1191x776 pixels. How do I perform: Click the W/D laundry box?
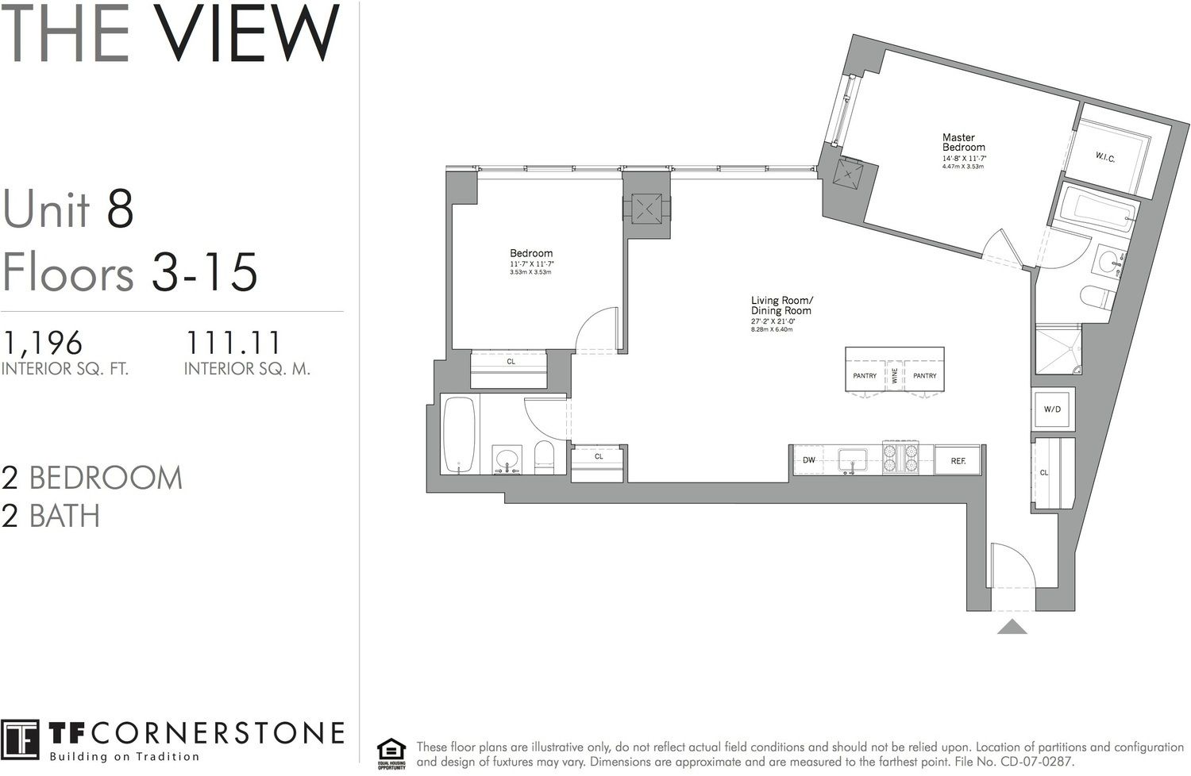(1052, 409)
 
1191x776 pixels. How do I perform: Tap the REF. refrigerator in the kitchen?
(958, 460)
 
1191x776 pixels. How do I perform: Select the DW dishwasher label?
(809, 460)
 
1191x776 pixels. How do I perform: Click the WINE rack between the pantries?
(895, 375)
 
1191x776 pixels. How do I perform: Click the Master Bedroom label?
(963, 142)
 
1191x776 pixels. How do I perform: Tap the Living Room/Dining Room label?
(781, 305)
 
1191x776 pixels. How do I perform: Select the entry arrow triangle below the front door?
(1012, 627)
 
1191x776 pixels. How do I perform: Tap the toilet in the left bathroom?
(544, 458)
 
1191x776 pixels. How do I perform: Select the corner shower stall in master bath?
(1058, 349)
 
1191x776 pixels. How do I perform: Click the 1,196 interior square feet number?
(43, 343)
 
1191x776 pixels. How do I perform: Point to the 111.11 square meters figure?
(233, 343)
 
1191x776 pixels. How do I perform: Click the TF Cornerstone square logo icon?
(20, 740)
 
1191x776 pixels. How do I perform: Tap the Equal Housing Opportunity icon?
(391, 751)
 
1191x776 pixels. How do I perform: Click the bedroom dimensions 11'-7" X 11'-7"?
(531, 263)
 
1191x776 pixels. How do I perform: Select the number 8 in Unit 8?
(119, 209)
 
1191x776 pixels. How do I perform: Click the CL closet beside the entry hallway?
(1045, 472)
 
